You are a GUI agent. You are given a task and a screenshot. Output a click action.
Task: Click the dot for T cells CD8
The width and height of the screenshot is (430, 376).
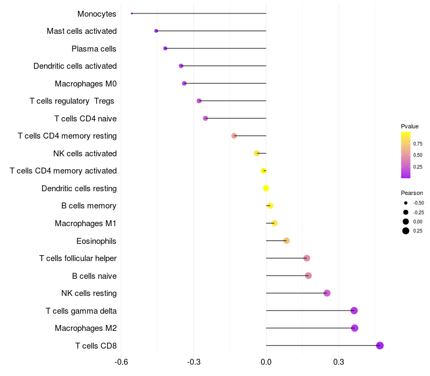click(x=380, y=345)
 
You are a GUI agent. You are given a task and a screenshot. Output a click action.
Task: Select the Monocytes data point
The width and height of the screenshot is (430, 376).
click(x=132, y=13)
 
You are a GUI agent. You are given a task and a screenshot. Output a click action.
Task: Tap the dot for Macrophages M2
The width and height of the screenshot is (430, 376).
click(x=354, y=328)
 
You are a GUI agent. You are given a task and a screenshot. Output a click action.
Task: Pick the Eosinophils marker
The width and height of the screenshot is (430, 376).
click(x=286, y=241)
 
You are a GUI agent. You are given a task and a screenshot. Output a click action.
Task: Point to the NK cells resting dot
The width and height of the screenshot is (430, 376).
click(x=327, y=293)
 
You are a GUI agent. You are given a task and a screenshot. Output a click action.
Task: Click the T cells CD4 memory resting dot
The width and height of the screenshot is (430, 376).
click(x=234, y=136)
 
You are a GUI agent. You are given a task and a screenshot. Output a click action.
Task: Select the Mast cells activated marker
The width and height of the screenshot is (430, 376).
click(x=156, y=31)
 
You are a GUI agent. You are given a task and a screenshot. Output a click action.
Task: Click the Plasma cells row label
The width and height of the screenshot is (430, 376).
click(x=94, y=49)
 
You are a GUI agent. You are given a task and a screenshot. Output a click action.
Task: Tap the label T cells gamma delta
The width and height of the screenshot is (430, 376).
click(x=81, y=311)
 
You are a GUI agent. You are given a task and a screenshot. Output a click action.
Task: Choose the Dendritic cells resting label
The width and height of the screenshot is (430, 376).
click(x=79, y=189)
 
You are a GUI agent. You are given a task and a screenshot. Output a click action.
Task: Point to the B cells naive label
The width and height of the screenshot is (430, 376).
click(x=94, y=276)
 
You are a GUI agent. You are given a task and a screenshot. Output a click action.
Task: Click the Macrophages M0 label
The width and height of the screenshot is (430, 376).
click(x=85, y=84)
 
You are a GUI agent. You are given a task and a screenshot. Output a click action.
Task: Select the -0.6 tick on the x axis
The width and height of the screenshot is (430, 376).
click(x=121, y=361)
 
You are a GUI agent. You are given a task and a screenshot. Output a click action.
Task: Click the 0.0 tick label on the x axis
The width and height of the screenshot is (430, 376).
click(x=266, y=361)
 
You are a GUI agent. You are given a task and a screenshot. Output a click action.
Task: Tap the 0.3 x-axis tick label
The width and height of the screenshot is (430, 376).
click(x=339, y=361)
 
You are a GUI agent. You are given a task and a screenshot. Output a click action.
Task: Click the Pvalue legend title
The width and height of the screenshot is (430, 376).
click(x=410, y=126)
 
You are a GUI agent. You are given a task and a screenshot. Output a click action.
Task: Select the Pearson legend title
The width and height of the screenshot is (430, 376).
click(x=412, y=193)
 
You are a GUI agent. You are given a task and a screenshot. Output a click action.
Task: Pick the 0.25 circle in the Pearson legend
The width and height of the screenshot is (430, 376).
click(x=406, y=231)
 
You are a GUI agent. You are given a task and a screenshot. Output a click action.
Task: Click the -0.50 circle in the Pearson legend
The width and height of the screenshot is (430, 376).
click(x=406, y=203)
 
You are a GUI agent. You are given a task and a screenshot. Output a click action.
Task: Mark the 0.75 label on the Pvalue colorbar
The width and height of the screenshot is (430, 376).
click(x=418, y=143)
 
